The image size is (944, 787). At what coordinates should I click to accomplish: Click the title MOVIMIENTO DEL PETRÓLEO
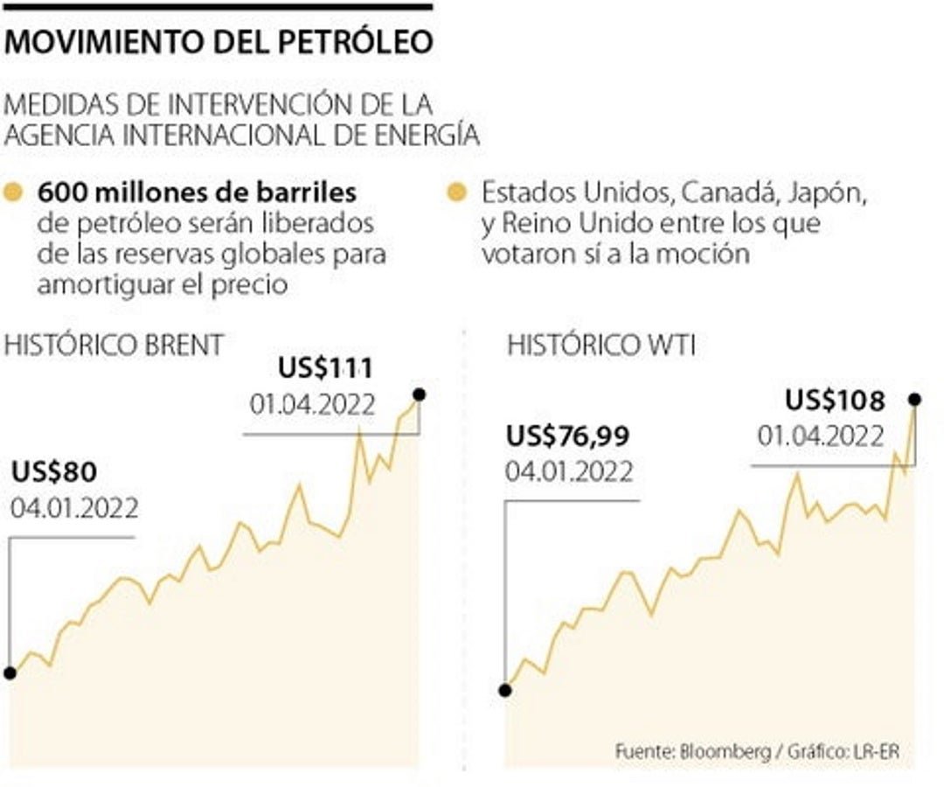219,41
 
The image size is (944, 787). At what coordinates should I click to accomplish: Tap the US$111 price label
325,368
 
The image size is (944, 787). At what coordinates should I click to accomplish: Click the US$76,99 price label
568,435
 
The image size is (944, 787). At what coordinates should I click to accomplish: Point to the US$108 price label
835,400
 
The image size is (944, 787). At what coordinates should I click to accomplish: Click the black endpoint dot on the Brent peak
419,395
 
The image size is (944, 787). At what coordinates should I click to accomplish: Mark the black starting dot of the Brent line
10,673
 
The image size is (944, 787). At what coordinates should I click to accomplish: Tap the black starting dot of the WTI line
504,690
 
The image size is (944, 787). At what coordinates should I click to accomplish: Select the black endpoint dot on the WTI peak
915,399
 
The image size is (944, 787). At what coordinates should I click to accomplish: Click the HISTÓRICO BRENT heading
114,345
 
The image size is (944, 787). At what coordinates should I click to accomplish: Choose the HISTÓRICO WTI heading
601,345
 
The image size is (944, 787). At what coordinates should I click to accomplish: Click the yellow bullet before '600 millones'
13,192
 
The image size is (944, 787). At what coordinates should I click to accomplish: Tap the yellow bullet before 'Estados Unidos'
455,192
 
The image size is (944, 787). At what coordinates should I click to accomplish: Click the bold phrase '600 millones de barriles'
197,192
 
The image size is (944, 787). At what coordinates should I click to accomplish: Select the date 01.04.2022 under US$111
312,405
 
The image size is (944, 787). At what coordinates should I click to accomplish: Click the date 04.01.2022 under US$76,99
569,471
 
